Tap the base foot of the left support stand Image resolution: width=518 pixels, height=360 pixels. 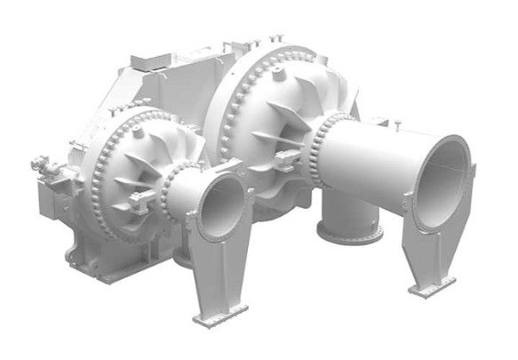(x=219, y=312)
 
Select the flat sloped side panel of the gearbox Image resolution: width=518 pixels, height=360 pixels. (x=71, y=133)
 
